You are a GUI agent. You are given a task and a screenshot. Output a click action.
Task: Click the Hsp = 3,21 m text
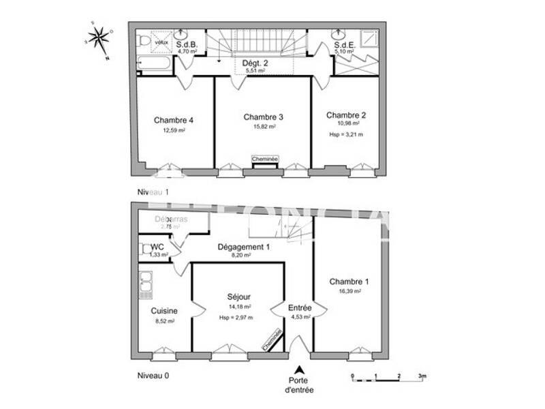pyautogui.click(x=346, y=135)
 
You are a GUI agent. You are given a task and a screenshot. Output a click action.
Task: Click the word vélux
pyautogui.click(x=161, y=42)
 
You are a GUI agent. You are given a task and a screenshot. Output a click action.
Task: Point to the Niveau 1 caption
pyautogui.click(x=153, y=193)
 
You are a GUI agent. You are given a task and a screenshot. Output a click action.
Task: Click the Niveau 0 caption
pyautogui.click(x=153, y=375)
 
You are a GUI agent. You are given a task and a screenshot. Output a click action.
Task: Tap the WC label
pyautogui.click(x=157, y=247)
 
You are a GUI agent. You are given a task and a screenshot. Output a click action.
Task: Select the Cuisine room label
pyautogui.click(x=163, y=310)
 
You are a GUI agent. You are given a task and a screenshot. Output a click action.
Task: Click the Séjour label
pyautogui.click(x=239, y=297)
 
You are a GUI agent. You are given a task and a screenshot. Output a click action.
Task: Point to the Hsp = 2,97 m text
pyautogui.click(x=236, y=317)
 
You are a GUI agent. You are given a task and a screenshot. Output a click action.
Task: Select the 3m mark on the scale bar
pyautogui.click(x=422, y=376)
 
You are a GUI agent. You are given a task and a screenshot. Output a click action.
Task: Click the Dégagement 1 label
pyautogui.click(x=244, y=247)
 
